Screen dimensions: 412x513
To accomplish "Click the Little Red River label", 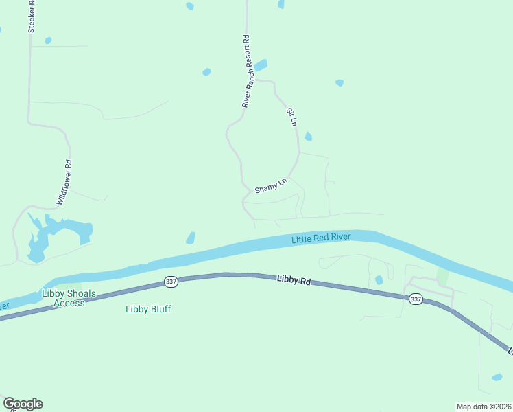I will click(x=321, y=238).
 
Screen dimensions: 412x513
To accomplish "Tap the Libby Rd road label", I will click(x=294, y=281).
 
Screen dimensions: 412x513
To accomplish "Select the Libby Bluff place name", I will click(x=148, y=309).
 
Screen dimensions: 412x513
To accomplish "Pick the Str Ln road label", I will click(x=291, y=117).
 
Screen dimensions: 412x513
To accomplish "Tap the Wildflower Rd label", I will click(x=64, y=183).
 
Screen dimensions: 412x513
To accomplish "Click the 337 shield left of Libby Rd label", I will click(x=171, y=282).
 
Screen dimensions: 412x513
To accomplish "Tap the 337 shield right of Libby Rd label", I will click(x=416, y=299).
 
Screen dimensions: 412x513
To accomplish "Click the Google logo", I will click(x=23, y=404).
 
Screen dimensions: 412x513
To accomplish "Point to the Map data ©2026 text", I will click(x=484, y=406).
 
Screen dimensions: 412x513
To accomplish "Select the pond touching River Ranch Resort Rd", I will click(x=261, y=65).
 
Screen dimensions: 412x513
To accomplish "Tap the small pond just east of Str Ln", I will click(x=308, y=136).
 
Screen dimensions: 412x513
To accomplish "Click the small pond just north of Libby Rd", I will click(x=379, y=279).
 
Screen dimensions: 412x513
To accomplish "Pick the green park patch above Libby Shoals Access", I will click(x=72, y=285).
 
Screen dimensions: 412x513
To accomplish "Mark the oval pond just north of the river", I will click(x=190, y=238).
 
